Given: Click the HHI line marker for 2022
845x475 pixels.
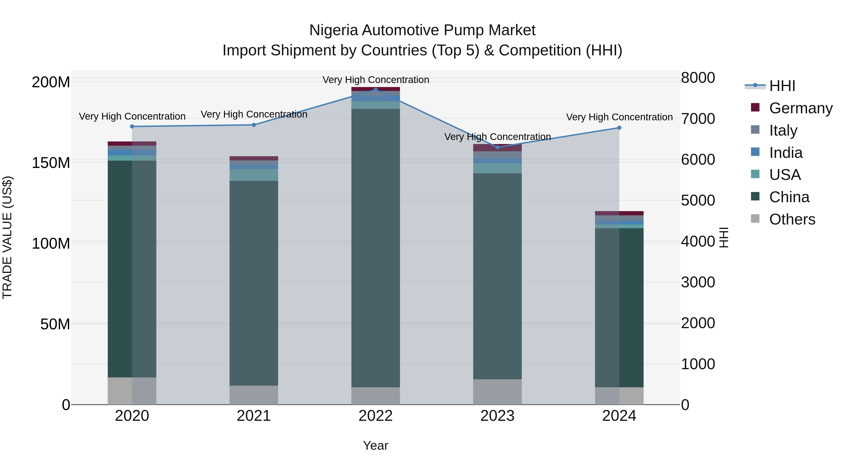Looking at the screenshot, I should pyautogui.click(x=376, y=90).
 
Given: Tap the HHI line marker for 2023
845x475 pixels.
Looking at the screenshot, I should pyautogui.click(x=497, y=147).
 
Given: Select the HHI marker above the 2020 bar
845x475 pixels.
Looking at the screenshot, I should pyautogui.click(x=132, y=126).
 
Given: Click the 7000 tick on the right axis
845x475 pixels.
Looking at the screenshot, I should pyautogui.click(x=698, y=119).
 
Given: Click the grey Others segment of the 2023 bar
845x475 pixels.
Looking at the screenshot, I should pyautogui.click(x=497, y=392).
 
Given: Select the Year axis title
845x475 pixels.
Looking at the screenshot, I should pyautogui.click(x=376, y=445).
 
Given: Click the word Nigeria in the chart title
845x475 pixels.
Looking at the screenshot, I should pyautogui.click(x=334, y=30).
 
